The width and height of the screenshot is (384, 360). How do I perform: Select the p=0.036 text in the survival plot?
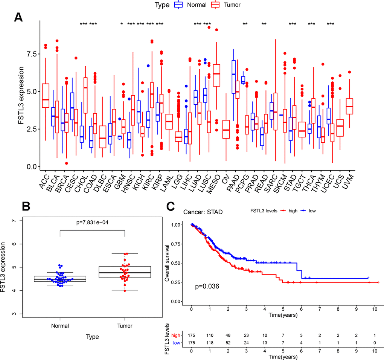click(207, 287)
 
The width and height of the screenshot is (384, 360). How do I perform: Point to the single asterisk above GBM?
click(122, 24)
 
